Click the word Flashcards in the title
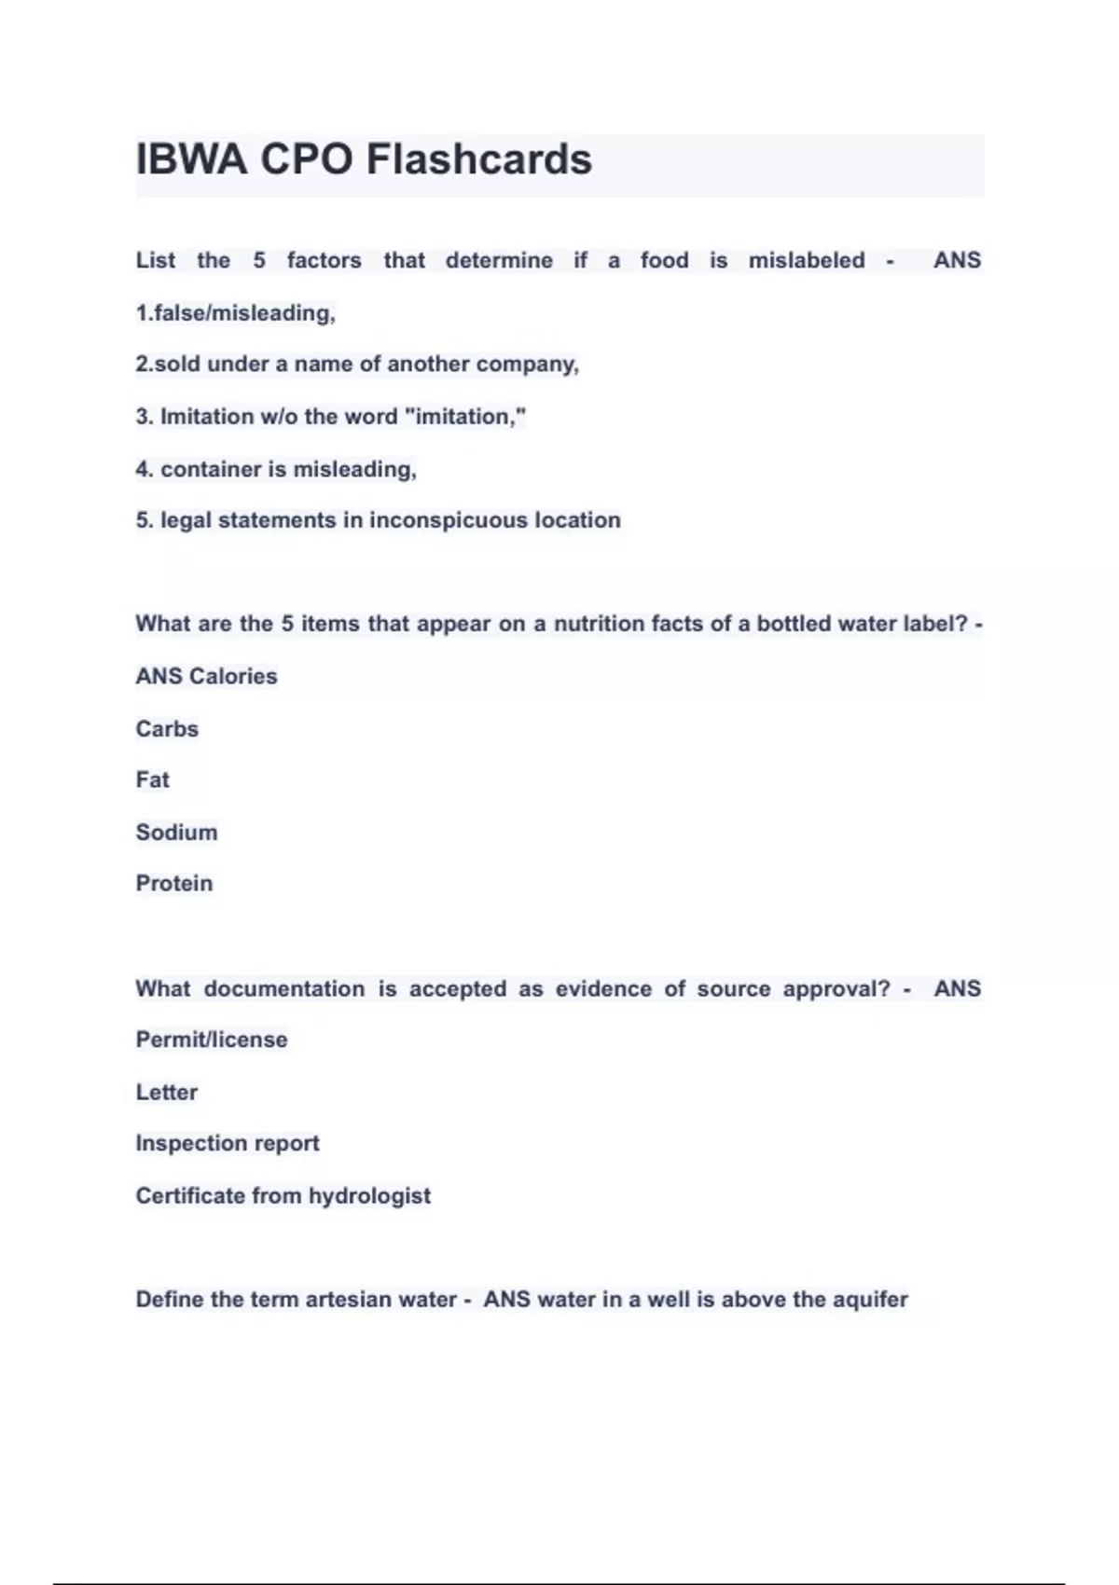click(x=478, y=159)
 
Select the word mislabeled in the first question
click(x=807, y=260)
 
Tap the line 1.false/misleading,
click(x=235, y=313)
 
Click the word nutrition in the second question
click(x=599, y=624)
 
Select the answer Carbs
click(x=167, y=728)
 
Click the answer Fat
click(x=153, y=779)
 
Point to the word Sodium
click(x=176, y=832)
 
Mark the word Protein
click(x=174, y=883)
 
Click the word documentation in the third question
click(x=284, y=988)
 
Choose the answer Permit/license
click(x=212, y=1040)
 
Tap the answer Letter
click(x=167, y=1092)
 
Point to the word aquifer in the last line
click(x=869, y=1300)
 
